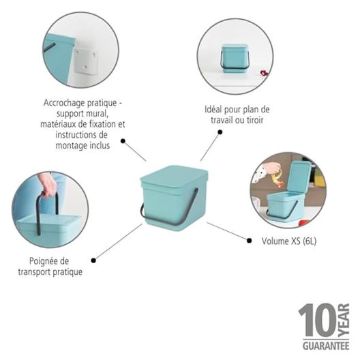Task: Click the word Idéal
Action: point(213,110)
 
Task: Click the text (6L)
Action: point(310,241)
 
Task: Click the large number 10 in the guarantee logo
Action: point(318,320)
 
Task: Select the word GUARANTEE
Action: point(326,346)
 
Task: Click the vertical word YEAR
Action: point(344,320)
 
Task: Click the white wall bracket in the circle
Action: point(85,61)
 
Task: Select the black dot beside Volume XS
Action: point(249,241)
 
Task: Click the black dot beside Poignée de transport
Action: point(93,260)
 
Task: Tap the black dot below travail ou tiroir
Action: point(220,132)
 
